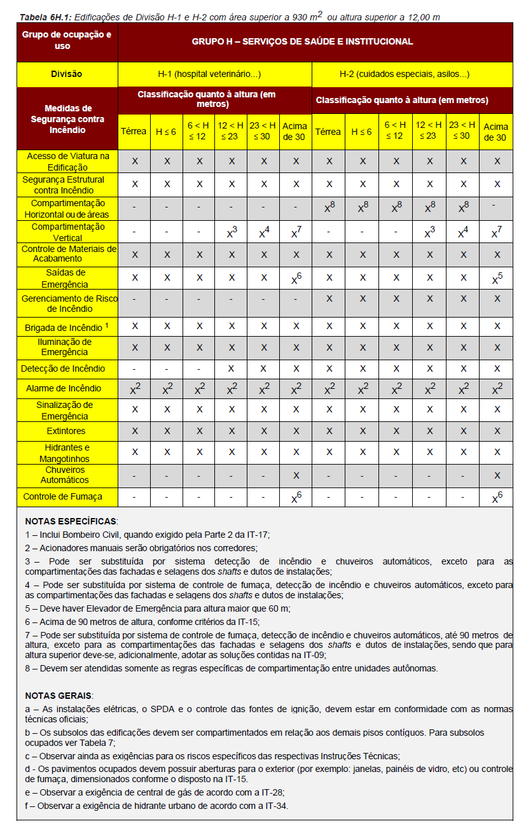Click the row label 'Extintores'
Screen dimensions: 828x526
(66, 432)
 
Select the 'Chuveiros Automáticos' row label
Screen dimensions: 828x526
(67, 475)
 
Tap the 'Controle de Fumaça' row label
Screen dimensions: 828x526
(62, 496)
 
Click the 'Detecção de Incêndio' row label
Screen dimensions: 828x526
(63, 368)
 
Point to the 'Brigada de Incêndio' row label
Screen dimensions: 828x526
(63, 328)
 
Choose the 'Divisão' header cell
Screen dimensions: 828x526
(67, 74)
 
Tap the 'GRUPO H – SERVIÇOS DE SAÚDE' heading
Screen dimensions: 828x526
(302, 41)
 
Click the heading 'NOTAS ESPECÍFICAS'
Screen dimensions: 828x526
(71, 521)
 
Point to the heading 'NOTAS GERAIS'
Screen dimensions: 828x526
(59, 695)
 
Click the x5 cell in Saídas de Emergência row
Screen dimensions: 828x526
(496, 278)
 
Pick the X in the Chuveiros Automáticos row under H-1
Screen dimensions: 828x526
(296, 475)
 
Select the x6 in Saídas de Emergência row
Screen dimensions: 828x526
(296, 278)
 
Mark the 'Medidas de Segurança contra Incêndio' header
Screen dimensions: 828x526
(67, 119)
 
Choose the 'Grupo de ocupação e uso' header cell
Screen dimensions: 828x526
(67, 41)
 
